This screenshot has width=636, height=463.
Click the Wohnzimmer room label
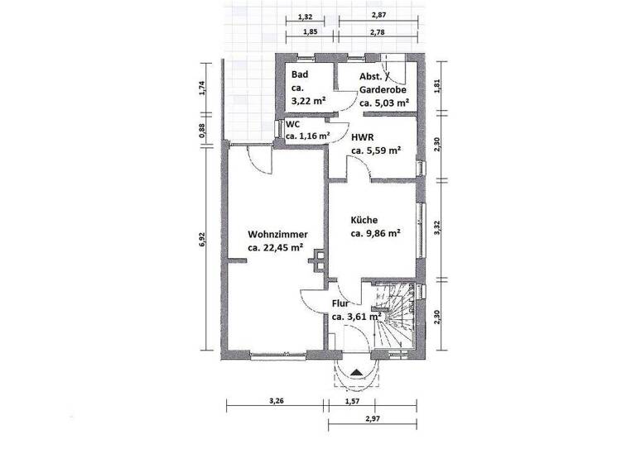pyautogui.click(x=277, y=235)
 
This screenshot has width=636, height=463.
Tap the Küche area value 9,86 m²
pyautogui.click(x=375, y=234)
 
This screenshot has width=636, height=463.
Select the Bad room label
pyautogui.click(x=299, y=75)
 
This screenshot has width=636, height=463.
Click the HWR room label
pyautogui.click(x=362, y=137)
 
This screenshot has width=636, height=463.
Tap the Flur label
pyautogui.click(x=341, y=303)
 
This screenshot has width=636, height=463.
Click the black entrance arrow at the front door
pyautogui.click(x=356, y=372)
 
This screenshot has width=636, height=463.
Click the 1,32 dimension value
pyautogui.click(x=305, y=17)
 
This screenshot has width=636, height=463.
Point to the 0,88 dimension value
pyautogui.click(x=202, y=131)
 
